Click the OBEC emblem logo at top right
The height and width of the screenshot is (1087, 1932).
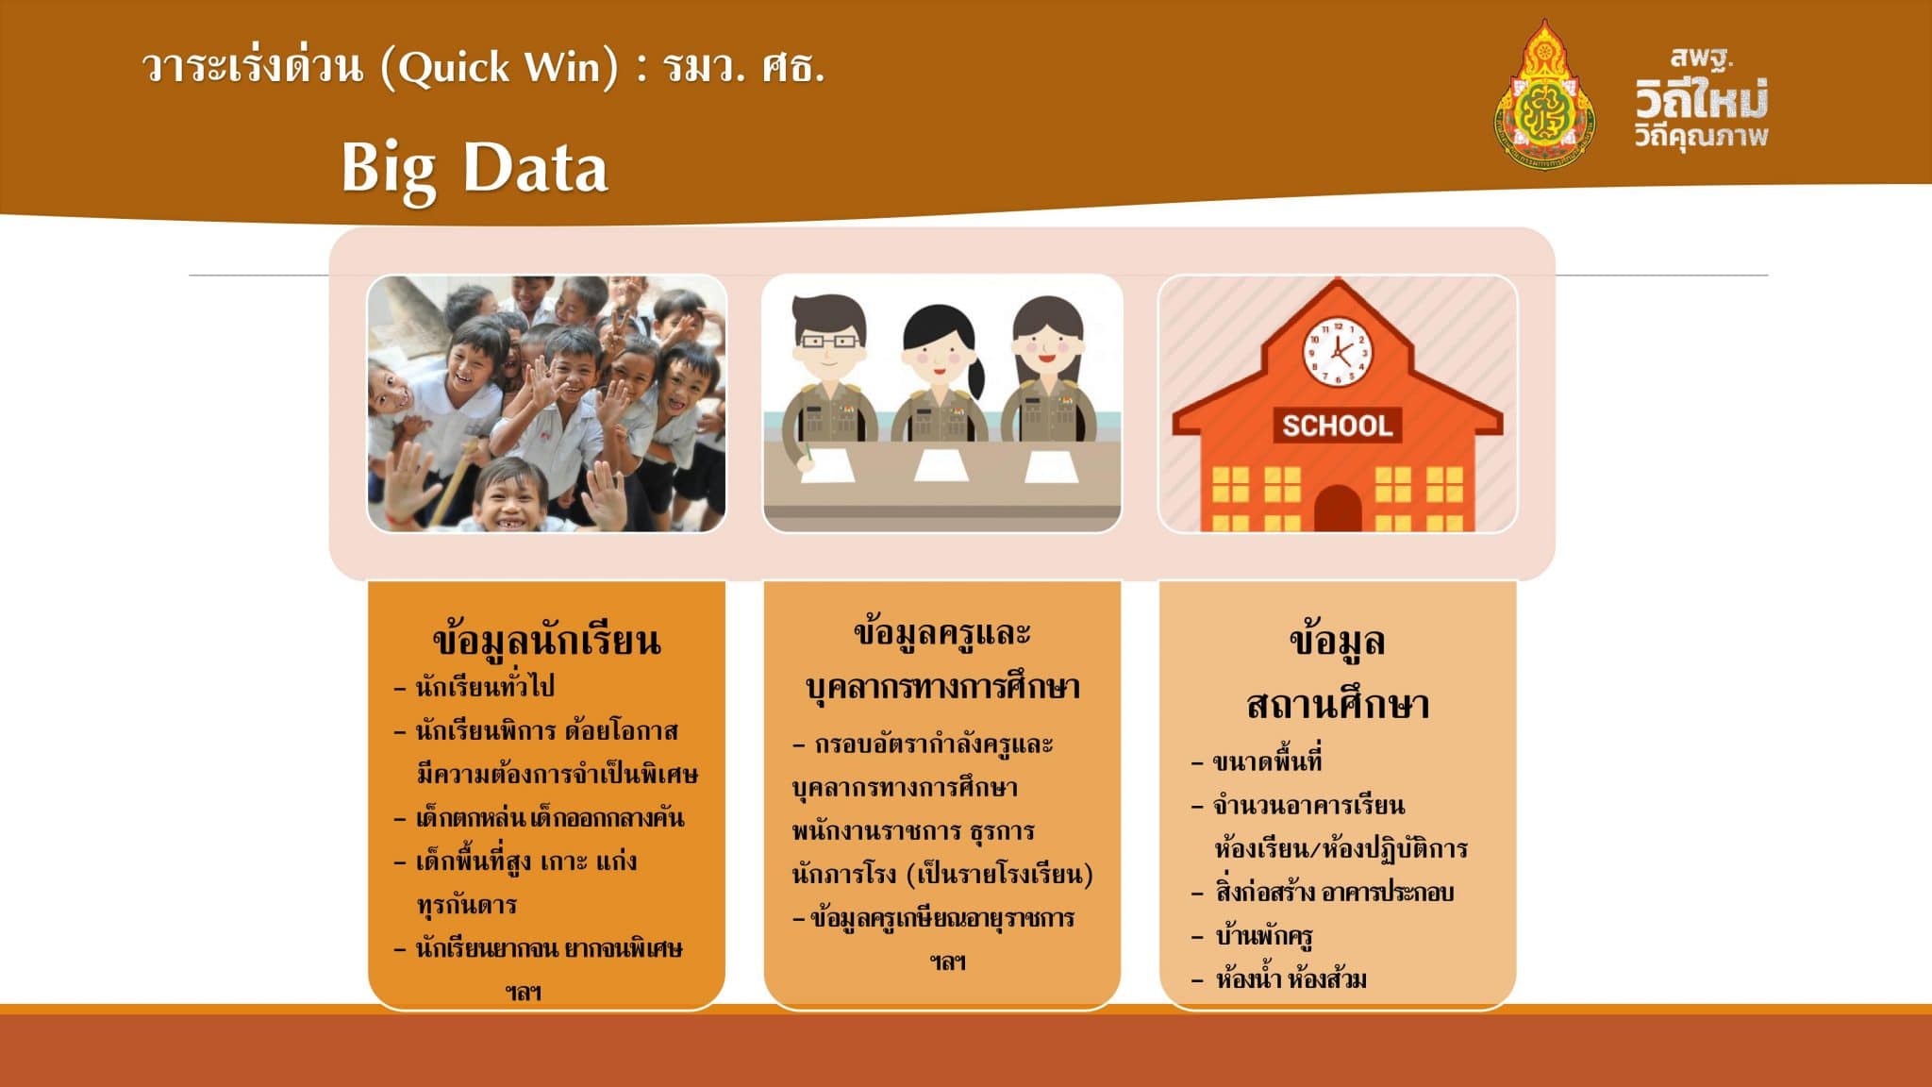(x=1544, y=95)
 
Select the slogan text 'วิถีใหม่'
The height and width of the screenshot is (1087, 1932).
(x=1702, y=98)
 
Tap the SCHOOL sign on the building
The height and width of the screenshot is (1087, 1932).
(x=1337, y=426)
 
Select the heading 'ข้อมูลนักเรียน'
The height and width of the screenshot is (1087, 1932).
(x=546, y=640)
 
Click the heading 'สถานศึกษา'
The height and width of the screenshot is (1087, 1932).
(x=1338, y=704)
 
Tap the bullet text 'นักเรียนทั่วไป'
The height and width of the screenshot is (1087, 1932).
(x=485, y=685)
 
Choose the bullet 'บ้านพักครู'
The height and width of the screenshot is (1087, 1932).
(x=1264, y=936)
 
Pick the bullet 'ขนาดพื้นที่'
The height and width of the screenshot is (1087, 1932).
(x=1267, y=760)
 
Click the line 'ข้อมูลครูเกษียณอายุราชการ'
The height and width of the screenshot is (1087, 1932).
(x=941, y=917)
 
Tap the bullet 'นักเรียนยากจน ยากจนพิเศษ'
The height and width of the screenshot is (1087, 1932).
(x=549, y=947)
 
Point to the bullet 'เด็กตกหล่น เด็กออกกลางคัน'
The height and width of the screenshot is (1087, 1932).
(x=550, y=817)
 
